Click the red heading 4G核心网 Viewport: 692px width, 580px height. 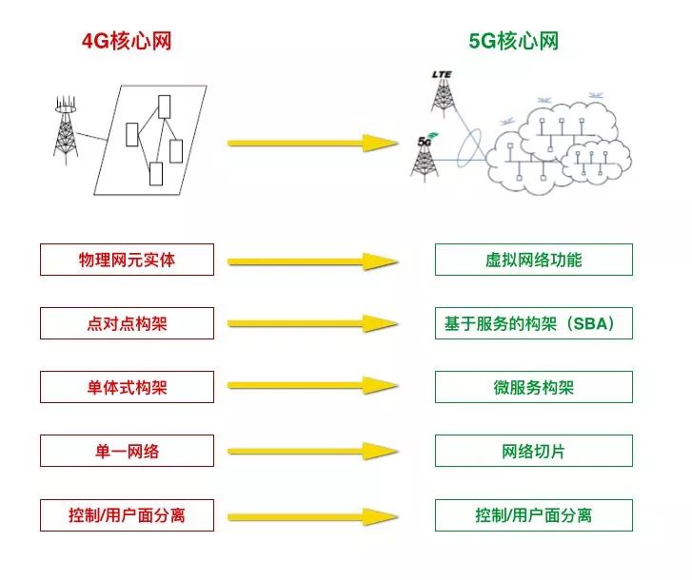click(x=127, y=41)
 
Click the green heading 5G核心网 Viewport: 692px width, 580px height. click(x=513, y=41)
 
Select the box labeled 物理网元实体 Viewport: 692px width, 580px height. click(x=127, y=260)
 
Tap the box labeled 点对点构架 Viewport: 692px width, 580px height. click(x=127, y=323)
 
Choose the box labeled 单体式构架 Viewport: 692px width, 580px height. click(x=127, y=387)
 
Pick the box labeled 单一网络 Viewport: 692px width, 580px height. click(x=127, y=451)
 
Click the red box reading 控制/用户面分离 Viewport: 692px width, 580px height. click(x=127, y=515)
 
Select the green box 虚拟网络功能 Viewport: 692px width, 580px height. click(x=533, y=260)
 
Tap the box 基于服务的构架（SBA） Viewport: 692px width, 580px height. click(x=533, y=323)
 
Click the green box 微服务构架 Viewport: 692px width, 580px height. click(x=533, y=387)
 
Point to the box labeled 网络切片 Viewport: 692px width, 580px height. click(x=533, y=451)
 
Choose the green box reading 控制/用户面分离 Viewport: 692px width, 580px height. click(x=533, y=515)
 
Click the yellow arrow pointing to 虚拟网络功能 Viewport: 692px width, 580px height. click(x=312, y=261)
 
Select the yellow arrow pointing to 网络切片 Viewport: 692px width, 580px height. click(x=312, y=452)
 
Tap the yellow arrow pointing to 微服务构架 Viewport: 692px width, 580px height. click(x=312, y=388)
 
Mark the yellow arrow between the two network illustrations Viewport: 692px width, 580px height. click(x=312, y=144)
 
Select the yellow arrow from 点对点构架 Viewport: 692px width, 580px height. click(x=312, y=324)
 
